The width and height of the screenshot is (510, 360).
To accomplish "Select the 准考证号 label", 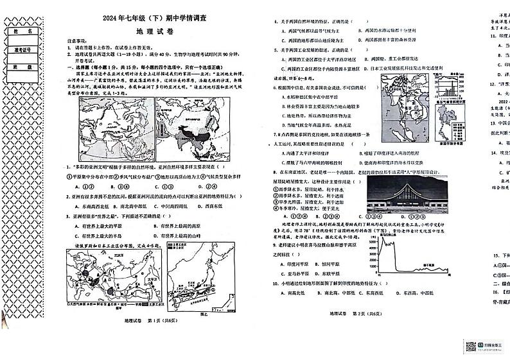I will pyautogui.click(x=19, y=48).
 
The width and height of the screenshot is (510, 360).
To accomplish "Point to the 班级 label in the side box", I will pyautogui.click(x=19, y=66).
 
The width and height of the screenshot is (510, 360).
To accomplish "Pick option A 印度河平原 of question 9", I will pyautogui.click(x=294, y=263).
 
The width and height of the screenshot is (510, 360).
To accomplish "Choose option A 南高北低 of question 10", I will pyautogui.click(x=294, y=292).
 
